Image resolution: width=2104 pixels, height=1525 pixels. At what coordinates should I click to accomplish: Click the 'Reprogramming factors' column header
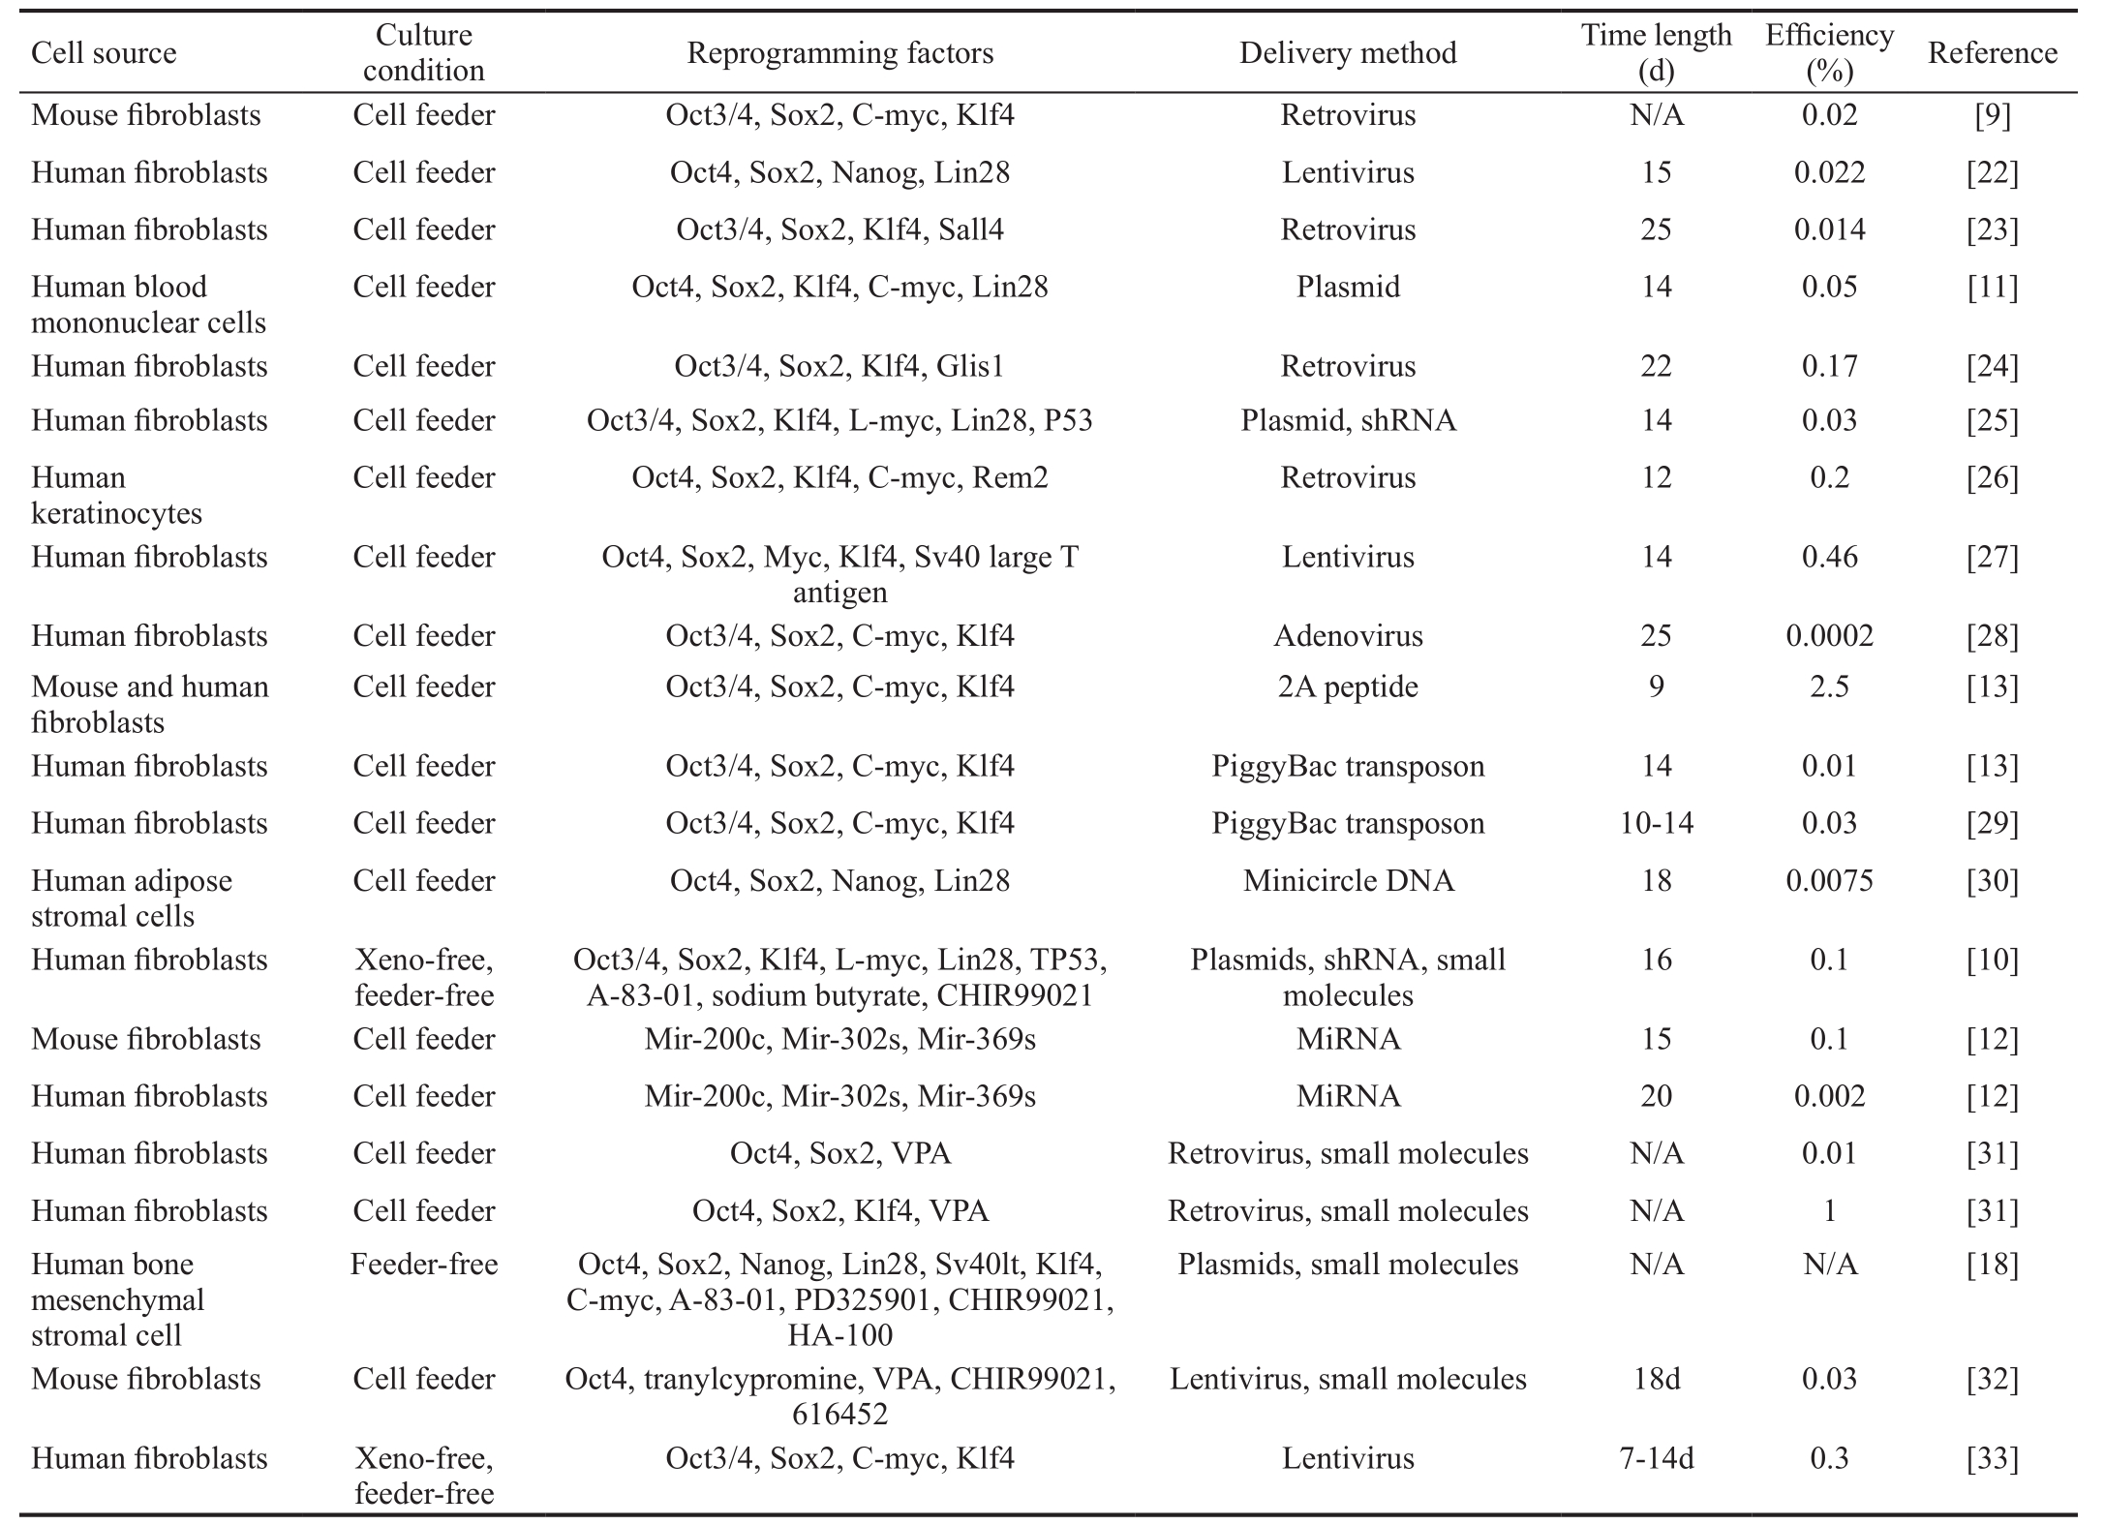point(839,52)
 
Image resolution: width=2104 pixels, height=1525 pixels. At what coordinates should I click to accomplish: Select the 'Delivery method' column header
point(1348,52)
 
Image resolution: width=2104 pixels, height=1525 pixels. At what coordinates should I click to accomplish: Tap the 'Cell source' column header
point(104,52)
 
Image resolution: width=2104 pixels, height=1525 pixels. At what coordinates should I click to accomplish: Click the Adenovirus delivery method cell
point(1348,636)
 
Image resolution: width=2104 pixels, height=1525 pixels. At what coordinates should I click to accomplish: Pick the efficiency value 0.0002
point(1829,636)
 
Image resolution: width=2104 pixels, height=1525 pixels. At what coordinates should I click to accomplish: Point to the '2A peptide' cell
point(1348,687)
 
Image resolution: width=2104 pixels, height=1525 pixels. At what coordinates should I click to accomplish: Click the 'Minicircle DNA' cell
point(1348,881)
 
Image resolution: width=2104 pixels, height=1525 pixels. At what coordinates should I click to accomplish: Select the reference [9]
point(1993,115)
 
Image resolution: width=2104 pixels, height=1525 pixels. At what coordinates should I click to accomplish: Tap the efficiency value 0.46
point(1829,558)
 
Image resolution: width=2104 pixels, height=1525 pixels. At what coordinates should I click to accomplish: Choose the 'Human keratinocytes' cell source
point(116,495)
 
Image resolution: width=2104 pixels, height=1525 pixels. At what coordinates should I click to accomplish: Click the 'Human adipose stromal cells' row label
point(132,899)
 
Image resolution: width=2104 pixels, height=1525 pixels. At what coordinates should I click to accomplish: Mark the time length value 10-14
point(1657,824)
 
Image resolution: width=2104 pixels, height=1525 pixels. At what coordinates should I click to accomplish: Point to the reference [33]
point(1993,1459)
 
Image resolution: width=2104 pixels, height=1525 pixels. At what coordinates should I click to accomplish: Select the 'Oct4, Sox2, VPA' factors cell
point(839,1154)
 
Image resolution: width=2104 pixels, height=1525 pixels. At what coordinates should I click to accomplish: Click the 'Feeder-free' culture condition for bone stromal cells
point(424,1265)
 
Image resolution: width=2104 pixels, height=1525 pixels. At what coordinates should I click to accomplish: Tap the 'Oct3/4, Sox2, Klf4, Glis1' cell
point(839,366)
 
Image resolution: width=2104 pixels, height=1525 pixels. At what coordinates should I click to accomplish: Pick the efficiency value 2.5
point(1829,687)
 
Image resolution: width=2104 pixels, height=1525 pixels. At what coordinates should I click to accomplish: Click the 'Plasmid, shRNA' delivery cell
point(1348,421)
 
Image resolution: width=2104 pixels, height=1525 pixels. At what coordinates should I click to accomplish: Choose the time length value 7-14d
point(1657,1459)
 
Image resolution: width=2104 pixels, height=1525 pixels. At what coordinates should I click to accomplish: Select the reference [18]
point(1993,1265)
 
